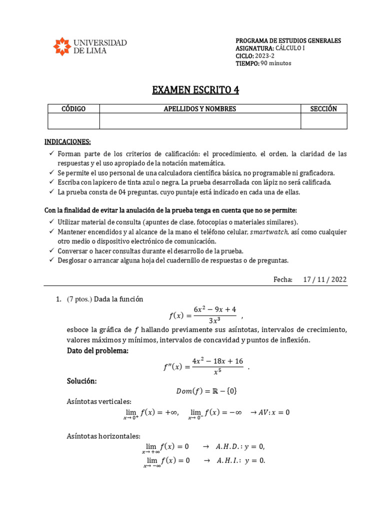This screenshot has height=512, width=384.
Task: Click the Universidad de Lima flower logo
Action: pos(61,46)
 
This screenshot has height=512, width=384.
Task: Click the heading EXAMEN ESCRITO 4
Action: pos(195,90)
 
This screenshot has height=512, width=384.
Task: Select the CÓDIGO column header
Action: pos(73,109)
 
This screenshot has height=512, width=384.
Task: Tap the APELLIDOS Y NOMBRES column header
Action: pos(200,109)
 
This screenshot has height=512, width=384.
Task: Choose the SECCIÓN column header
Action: pos(323,109)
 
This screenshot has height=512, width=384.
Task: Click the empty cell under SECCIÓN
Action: pos(323,121)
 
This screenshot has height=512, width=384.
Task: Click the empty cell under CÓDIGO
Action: pos(73,121)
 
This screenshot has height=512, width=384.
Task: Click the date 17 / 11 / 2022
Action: pos(324,279)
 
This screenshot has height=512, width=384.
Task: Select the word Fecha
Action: pos(283,279)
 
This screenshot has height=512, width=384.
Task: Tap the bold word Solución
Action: pos(82,381)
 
